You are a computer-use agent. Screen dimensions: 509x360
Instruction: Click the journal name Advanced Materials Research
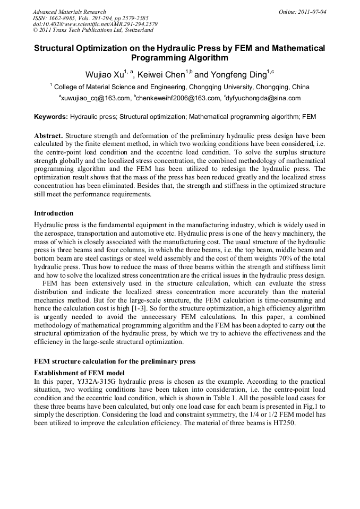tap(69, 12)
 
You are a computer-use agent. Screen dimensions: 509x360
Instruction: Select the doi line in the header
tap(95, 24)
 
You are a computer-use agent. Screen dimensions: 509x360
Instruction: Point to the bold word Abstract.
tap(48, 135)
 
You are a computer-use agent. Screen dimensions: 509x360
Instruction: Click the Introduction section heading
tap(54, 213)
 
